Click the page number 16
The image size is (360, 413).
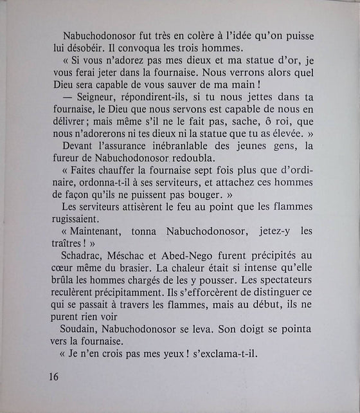pos(53,377)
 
